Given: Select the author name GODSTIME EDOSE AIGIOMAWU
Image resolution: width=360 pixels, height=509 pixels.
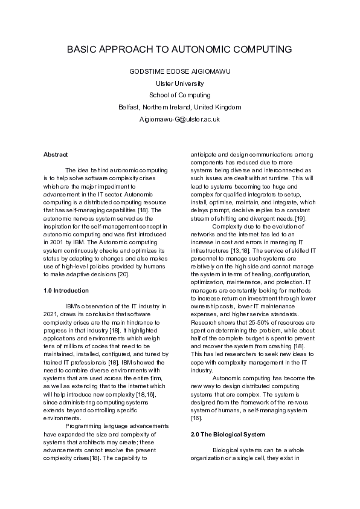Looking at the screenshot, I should [179, 71].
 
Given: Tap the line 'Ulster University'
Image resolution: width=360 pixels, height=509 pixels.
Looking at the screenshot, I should [179, 83].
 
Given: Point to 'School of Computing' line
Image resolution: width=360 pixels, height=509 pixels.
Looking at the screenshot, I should [179, 95].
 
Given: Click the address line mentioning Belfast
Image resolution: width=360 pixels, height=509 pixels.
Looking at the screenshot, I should [179, 107].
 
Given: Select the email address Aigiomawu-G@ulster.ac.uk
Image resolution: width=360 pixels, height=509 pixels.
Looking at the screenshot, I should [179, 119].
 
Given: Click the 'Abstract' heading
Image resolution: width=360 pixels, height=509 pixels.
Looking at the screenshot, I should [56, 154].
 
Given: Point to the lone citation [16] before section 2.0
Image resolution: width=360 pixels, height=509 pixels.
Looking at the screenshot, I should [196, 401].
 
